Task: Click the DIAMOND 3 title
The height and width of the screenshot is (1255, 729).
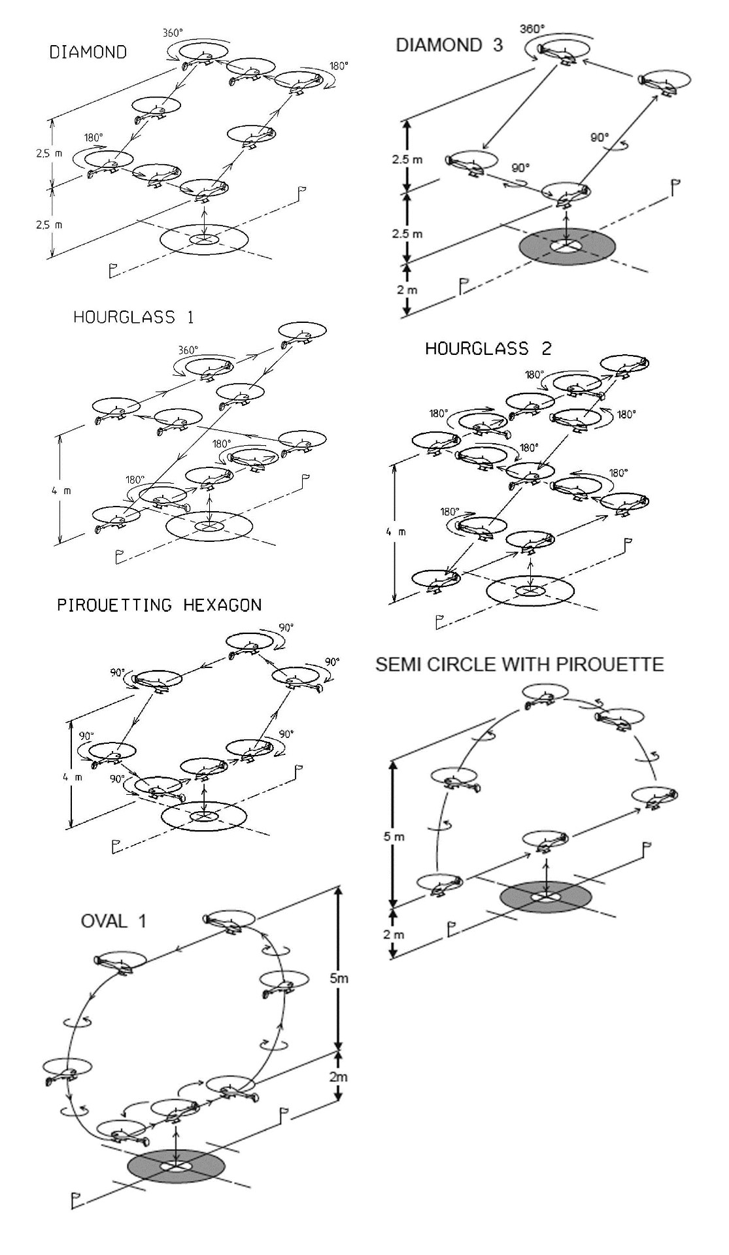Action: point(449,45)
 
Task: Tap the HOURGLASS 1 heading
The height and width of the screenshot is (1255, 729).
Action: point(133,318)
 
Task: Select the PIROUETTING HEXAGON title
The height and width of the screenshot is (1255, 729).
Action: point(159,605)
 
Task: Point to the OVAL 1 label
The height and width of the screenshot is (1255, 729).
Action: point(113,921)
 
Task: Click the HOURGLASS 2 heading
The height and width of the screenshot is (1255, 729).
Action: point(488,348)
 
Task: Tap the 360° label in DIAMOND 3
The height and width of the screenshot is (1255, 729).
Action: point(532,29)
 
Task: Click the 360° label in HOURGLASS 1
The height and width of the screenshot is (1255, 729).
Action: point(188,350)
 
